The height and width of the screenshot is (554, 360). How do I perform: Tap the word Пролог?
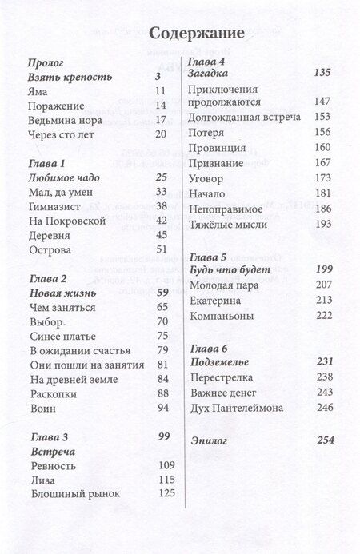(x=46, y=62)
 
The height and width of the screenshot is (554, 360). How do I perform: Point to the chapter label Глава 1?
(x=47, y=163)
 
